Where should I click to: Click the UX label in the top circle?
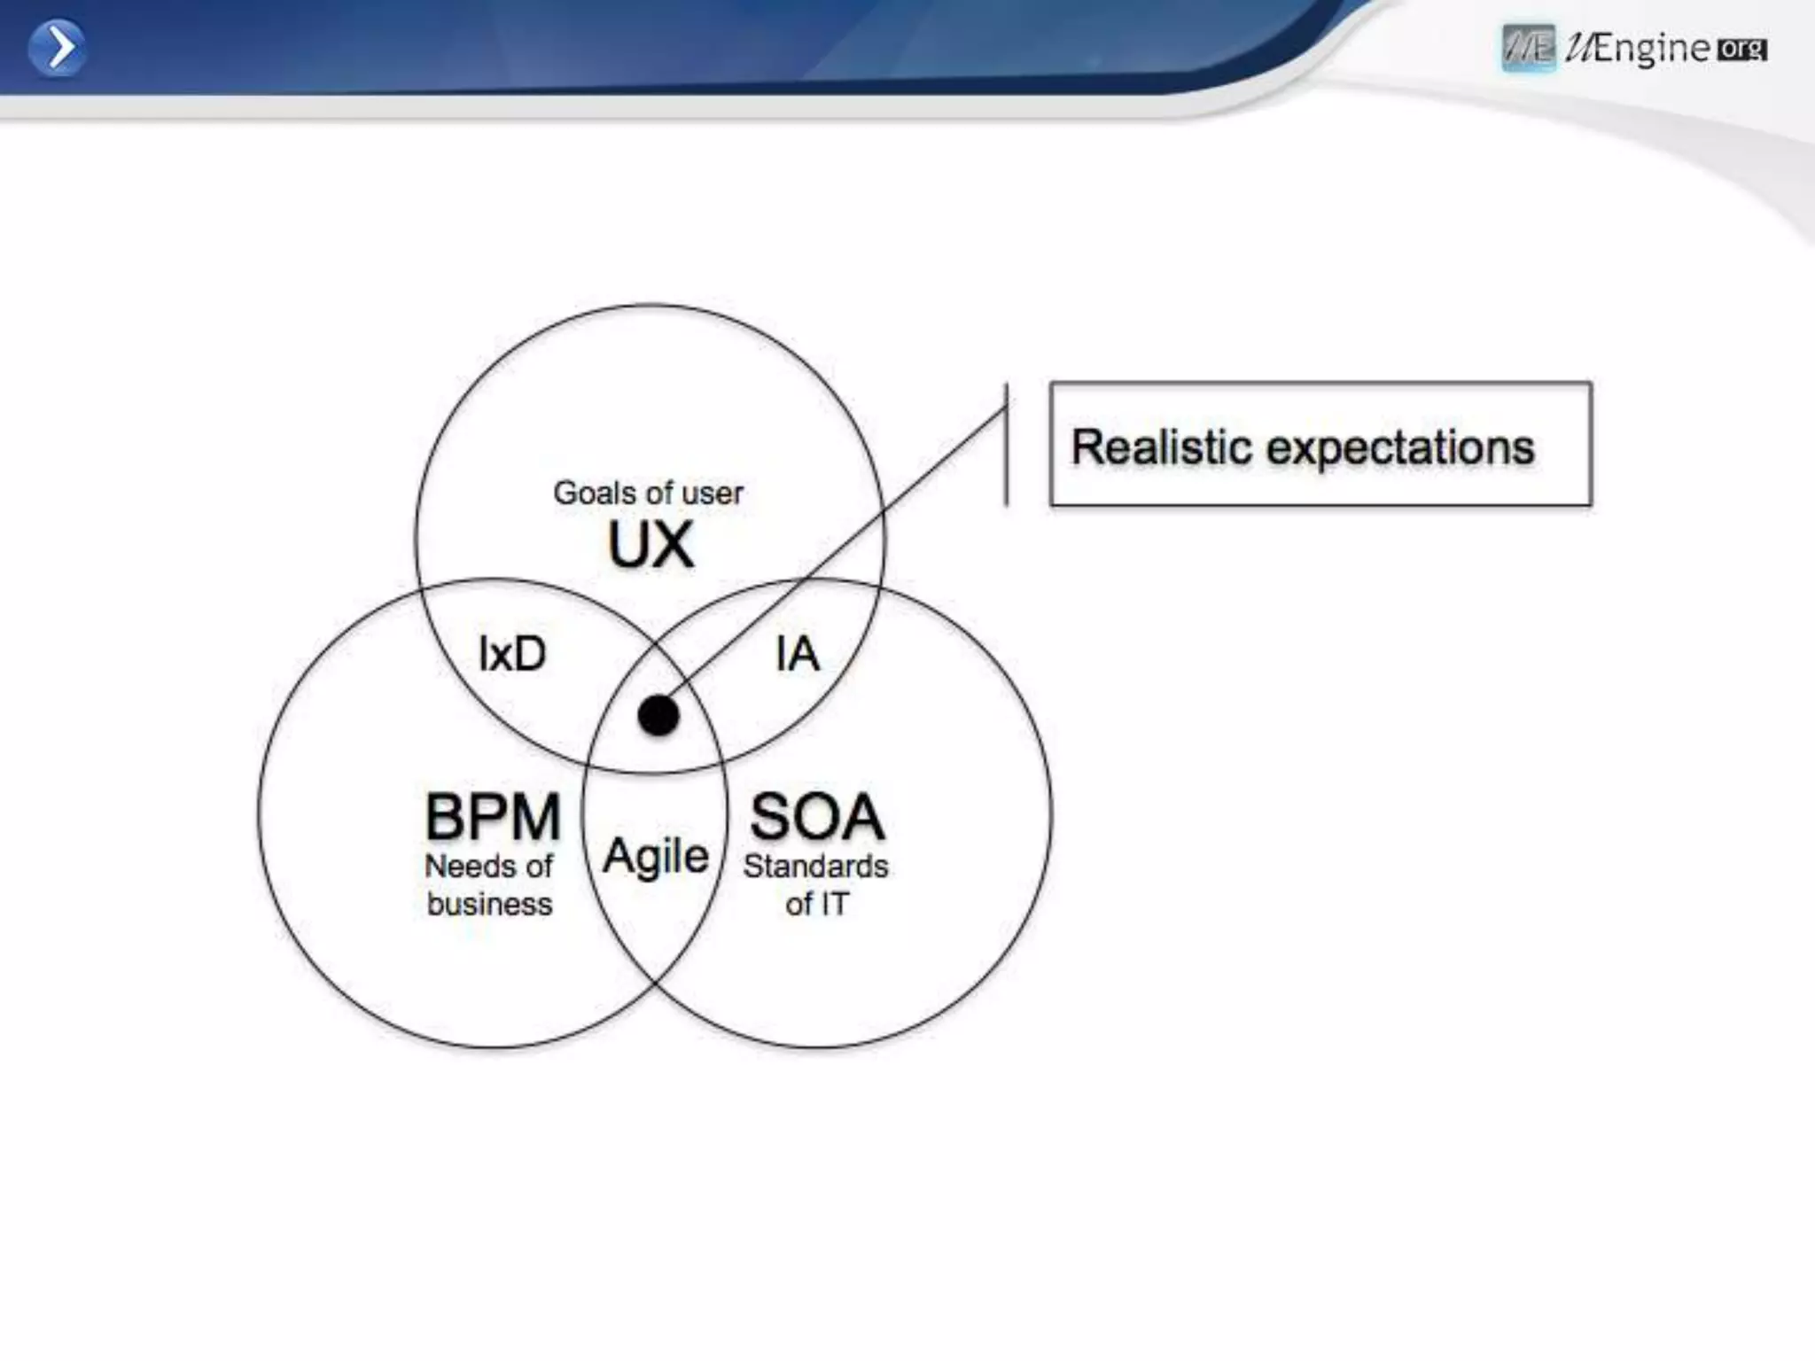click(650, 545)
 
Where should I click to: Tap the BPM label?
click(493, 816)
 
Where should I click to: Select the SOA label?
click(817, 816)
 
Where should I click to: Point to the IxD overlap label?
click(512, 654)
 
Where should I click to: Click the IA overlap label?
click(797, 654)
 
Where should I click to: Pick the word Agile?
click(656, 857)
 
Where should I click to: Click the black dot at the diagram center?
click(658, 715)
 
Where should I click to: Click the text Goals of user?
click(648, 493)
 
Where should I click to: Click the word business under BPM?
click(489, 904)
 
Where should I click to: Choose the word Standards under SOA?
click(815, 866)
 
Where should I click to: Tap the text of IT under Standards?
click(816, 904)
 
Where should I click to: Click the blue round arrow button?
click(57, 48)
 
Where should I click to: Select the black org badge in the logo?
click(1741, 49)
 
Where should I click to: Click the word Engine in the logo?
click(1651, 48)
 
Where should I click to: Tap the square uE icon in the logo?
click(1528, 48)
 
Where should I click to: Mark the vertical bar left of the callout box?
click(1007, 444)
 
